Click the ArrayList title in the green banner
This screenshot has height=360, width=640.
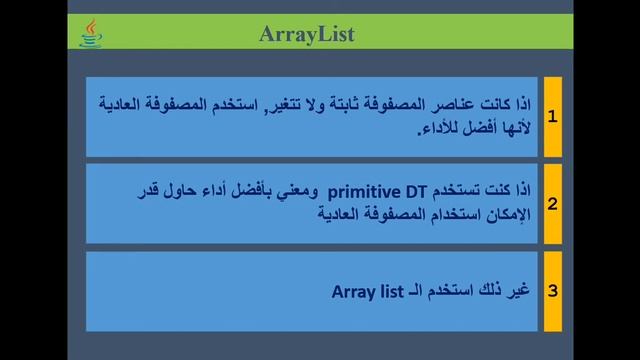tap(307, 35)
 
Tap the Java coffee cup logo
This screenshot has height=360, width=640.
tap(91, 34)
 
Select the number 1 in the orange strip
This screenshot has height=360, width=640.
tap(552, 116)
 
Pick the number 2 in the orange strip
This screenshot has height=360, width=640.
tap(552, 203)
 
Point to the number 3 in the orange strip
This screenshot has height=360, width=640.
tap(552, 291)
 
